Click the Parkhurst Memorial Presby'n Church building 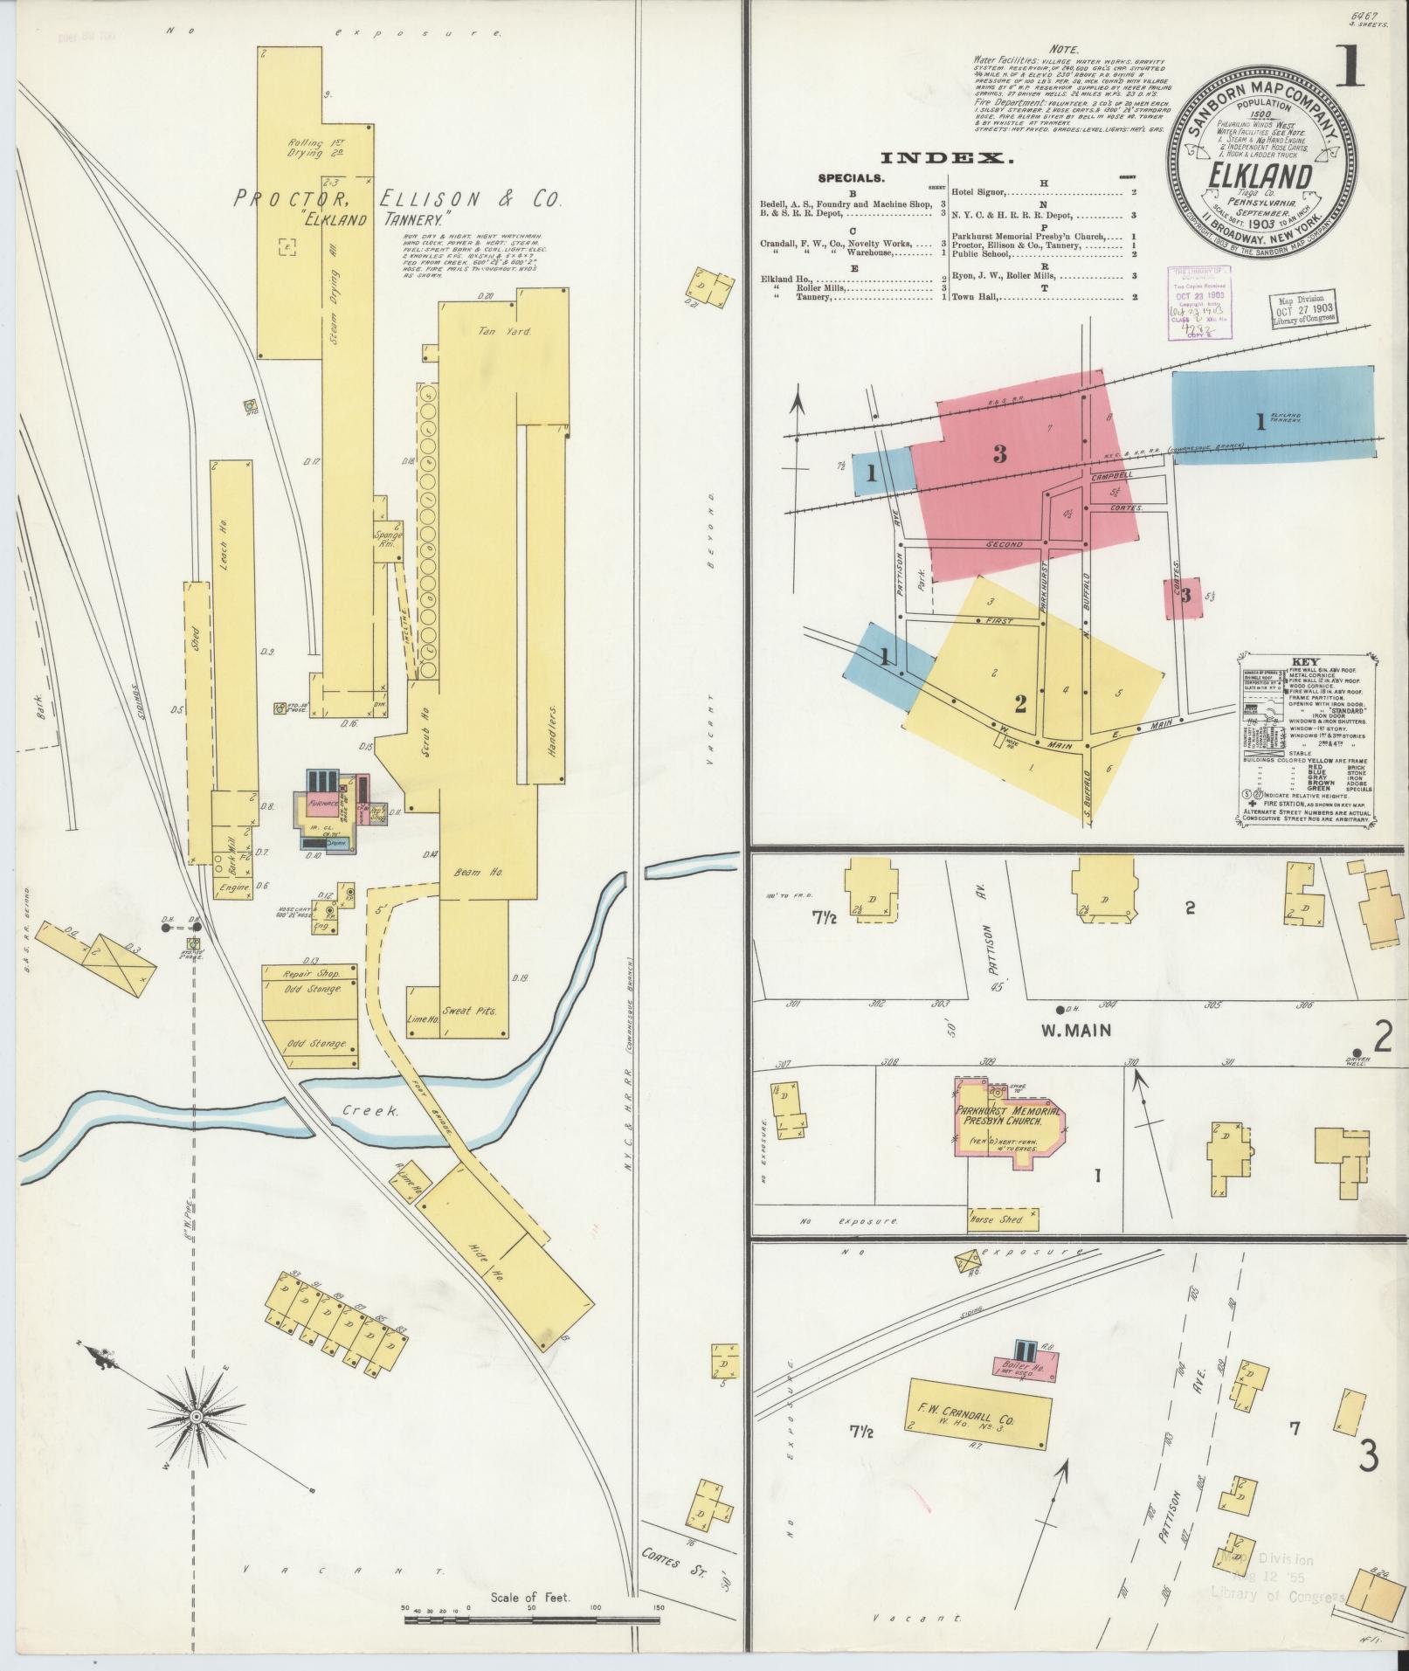(1009, 1121)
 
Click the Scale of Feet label (530, 1598)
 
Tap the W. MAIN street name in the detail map (1076, 1030)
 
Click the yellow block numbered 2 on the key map (1020, 704)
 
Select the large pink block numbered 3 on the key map (999, 454)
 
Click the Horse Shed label (995, 1219)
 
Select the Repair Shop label (309, 973)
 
